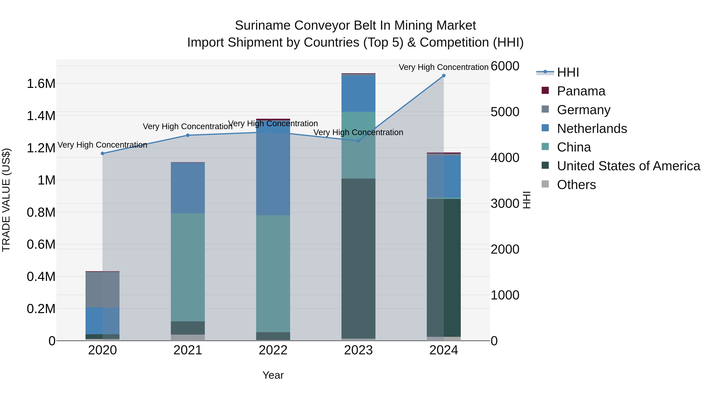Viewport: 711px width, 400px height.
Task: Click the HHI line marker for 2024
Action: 444,76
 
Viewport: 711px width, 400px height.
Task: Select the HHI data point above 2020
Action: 102,153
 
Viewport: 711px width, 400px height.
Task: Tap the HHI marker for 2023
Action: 358,141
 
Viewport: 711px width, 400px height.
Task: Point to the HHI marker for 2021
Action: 188,135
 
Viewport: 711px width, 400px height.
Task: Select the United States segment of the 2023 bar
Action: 358,258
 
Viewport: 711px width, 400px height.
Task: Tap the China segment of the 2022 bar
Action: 273,273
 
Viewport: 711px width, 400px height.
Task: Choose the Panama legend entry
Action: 581,91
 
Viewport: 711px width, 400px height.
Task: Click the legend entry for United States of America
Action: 628,166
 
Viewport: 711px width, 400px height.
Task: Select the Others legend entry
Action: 576,185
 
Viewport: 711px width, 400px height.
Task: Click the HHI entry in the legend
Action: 568,72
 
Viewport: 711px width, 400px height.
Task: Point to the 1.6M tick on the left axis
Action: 41,83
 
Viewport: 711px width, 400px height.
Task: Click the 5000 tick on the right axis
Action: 505,112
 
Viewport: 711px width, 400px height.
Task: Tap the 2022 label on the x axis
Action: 273,350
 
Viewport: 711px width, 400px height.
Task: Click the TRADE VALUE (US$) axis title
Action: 6,200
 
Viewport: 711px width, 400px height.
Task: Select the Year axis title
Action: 273,375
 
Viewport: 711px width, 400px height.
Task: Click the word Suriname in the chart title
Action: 262,25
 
